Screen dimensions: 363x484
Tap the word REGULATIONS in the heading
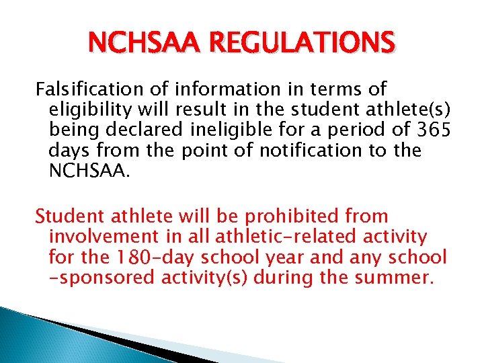pyautogui.click(x=301, y=45)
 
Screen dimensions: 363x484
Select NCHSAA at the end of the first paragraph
pyautogui.click(x=87, y=170)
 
